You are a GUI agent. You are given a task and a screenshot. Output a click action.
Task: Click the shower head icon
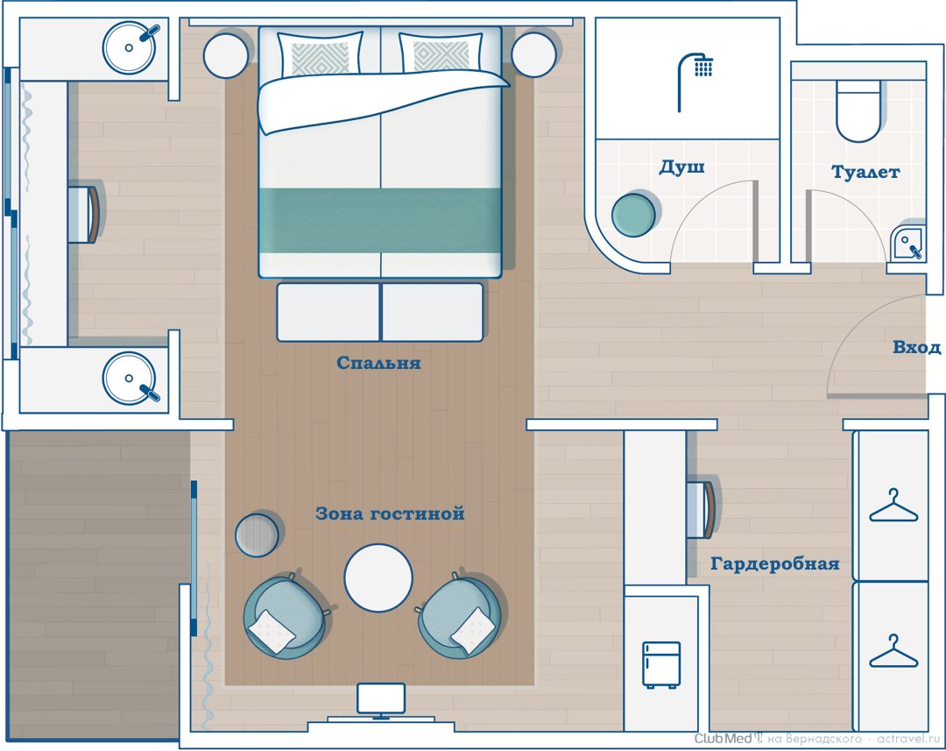coord(695,81)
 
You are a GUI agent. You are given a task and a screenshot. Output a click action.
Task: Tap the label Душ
coord(681,166)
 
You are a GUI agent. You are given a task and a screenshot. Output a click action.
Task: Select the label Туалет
coord(865,172)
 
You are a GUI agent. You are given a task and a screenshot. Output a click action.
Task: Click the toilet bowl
coord(858,111)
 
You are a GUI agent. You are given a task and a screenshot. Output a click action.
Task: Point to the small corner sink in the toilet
coord(908,242)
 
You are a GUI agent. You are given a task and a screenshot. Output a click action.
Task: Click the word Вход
coord(916,348)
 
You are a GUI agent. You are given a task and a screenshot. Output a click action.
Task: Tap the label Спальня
coord(378,363)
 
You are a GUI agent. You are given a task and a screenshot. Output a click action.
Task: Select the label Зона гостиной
coord(391,514)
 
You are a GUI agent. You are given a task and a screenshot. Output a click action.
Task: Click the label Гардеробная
coord(774,563)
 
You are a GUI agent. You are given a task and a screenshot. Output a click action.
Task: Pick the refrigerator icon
coord(661,664)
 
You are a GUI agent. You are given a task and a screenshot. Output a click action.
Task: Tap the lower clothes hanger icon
coord(893,651)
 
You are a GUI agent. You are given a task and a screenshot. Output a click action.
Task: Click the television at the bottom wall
coord(381,701)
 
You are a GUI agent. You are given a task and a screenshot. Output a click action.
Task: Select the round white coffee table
coord(378,577)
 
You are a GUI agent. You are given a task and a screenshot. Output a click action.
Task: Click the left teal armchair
coord(285,616)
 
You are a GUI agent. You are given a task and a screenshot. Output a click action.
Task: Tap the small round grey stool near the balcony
coord(257,535)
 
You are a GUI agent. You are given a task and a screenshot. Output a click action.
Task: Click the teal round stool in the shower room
coord(633,214)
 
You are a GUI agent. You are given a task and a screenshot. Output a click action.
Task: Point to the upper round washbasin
coord(129,47)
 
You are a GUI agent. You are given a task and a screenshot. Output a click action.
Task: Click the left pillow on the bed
coord(320,55)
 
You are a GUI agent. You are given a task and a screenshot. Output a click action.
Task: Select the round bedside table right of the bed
coord(533,54)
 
